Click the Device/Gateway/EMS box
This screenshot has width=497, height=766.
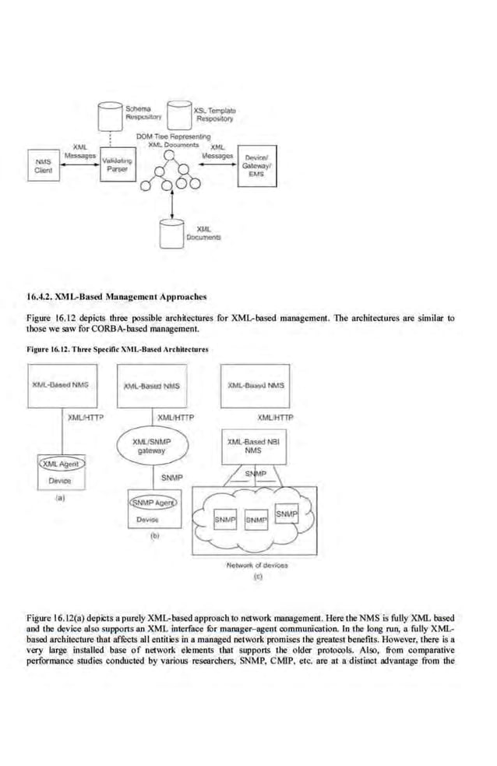[256, 168]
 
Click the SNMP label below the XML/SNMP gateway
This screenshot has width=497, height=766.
[171, 476]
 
